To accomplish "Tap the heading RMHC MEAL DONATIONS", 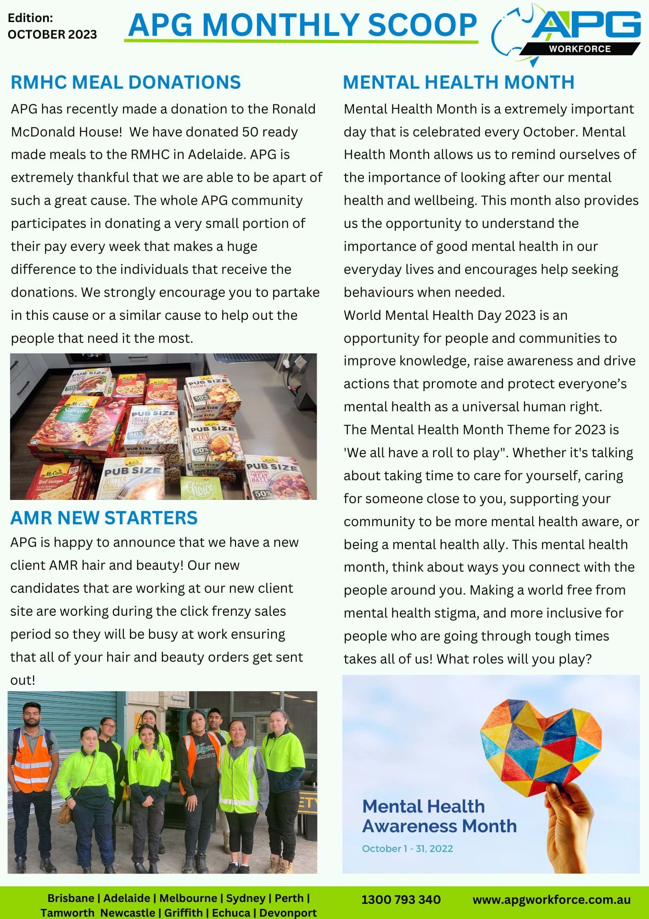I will pos(125,82).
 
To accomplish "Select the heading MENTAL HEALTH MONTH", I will pos(458,82).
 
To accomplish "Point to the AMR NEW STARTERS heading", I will pos(104,518).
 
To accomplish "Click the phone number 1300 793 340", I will pos(401,899).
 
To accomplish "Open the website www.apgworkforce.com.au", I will pos(551,899).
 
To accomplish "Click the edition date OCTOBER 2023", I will pos(52,34).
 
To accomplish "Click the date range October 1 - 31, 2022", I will pos(407,848).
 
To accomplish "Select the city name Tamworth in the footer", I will pos(67,913).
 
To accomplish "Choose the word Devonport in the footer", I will pos(288,913).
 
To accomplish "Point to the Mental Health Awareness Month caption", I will pos(439,816).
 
